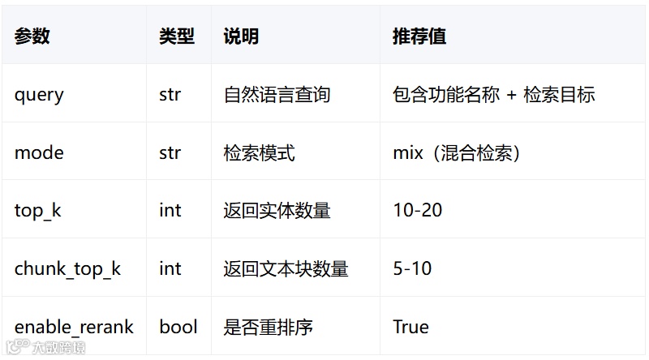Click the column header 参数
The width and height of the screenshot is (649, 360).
tap(32, 36)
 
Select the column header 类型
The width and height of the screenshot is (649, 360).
tap(177, 36)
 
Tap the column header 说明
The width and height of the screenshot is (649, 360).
tap(241, 36)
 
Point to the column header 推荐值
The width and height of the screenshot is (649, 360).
tap(419, 36)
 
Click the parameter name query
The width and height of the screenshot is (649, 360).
tap(39, 95)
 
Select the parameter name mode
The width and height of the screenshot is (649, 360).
tap(39, 152)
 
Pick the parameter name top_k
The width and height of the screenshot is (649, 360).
tap(37, 211)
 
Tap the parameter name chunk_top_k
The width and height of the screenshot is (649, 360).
tap(67, 269)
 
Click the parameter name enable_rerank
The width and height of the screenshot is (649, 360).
tap(74, 327)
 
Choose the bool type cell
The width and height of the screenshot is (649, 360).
tap(178, 327)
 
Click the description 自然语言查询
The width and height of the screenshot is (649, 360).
tap(277, 95)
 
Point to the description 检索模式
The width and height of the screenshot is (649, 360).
tap(259, 152)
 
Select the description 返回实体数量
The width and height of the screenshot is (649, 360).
tap(277, 211)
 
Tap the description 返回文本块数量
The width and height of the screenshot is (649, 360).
tap(286, 269)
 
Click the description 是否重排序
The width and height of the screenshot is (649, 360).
tap(268, 327)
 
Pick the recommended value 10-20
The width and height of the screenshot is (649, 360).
tap(417, 211)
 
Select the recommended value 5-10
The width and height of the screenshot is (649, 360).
tap(412, 269)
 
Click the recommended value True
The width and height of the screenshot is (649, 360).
tap(410, 327)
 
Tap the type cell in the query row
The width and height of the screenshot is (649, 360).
tap(170, 95)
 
